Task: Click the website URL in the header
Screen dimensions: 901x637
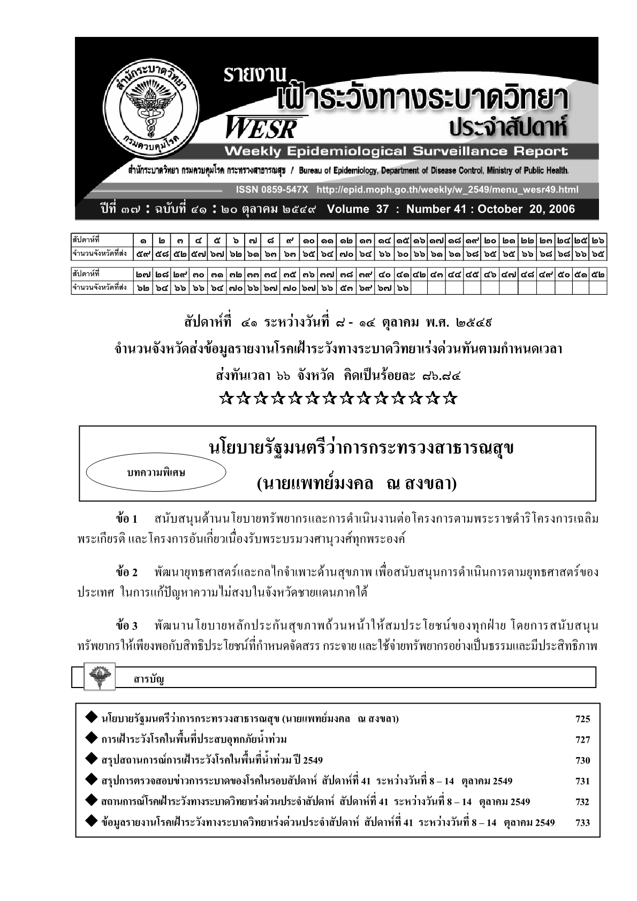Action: coord(448,190)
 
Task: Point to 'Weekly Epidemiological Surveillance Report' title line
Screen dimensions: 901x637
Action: coord(396,151)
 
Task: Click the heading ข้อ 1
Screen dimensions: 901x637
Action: coord(127,519)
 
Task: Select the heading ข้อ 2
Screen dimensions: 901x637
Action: coord(127,572)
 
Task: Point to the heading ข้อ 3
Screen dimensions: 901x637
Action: coord(127,625)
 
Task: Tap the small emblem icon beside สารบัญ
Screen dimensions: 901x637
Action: coord(97,677)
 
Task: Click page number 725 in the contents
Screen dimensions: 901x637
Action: coord(582,720)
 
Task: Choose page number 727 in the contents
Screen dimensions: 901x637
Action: coord(582,740)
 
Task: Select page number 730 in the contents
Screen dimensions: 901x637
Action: coord(582,761)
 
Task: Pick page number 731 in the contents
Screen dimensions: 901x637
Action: coord(582,781)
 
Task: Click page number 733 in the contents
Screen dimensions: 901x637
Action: coord(582,823)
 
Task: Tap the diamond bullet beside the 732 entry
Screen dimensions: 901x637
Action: coord(91,801)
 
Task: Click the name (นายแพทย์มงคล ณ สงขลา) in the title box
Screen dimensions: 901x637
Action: coord(357,484)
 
